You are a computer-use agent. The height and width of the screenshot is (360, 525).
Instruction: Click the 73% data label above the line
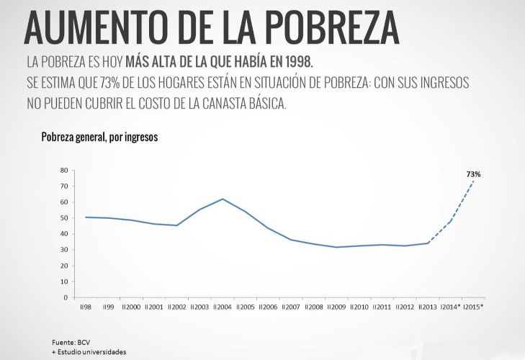473,174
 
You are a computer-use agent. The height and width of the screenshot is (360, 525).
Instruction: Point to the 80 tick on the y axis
64,171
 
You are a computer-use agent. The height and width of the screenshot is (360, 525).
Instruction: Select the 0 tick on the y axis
66,297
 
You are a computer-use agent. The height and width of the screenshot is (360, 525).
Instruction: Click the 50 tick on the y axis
64,218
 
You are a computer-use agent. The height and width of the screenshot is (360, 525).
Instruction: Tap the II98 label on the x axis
86,307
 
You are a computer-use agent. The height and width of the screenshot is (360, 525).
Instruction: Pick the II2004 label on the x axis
223,307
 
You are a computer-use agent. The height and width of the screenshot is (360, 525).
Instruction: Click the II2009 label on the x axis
336,307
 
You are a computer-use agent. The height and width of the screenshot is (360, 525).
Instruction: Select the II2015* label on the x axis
472,307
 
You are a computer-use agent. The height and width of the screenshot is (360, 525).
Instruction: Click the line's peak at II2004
223,199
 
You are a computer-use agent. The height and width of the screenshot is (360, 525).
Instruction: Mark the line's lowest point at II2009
336,247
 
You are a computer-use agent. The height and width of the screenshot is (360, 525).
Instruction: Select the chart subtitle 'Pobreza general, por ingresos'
99,137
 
